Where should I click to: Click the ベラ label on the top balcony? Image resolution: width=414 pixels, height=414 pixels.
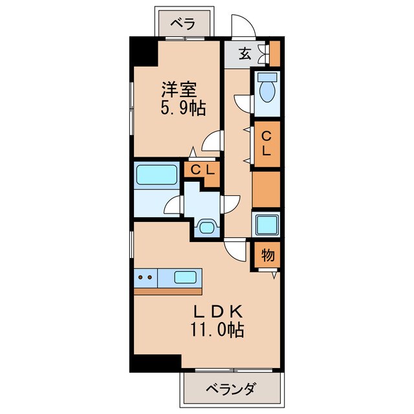183,24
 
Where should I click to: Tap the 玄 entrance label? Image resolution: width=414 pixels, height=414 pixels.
245,54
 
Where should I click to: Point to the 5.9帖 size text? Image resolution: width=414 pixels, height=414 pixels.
182,108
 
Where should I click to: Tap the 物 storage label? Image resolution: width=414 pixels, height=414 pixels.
268,255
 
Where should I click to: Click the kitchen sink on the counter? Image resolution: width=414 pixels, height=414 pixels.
187,278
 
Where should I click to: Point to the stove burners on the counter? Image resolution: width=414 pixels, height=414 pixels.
146,278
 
